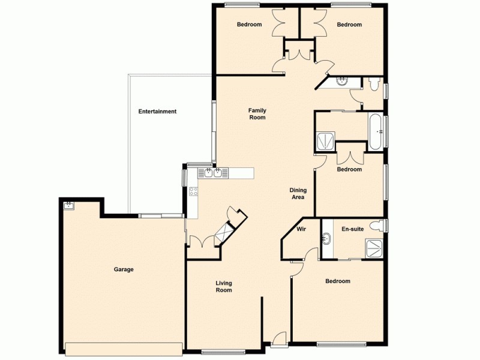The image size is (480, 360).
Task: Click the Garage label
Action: coord(124,269)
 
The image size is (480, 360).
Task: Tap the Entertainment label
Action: coord(157,112)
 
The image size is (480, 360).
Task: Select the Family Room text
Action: coord(257,114)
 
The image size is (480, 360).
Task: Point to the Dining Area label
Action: coord(298,193)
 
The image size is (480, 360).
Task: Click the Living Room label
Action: coord(224,287)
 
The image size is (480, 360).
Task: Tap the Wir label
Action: coord(301,229)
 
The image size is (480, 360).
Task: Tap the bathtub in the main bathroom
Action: coord(376,130)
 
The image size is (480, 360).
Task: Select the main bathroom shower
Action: coord(326,142)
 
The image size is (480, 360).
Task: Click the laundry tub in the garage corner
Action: coord(69,205)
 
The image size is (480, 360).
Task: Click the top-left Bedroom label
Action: coord(249,25)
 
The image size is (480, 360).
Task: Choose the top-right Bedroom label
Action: coord(349,25)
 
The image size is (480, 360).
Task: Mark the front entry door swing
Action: coord(278,341)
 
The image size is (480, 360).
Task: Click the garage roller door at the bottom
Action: coord(124,349)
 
